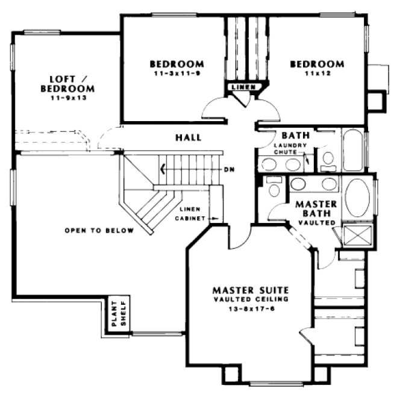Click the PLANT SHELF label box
[x=116, y=314]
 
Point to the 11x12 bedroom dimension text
[x=317, y=73]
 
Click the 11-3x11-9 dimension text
[x=176, y=73]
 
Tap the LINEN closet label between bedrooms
[x=244, y=87]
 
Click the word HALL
[x=188, y=137]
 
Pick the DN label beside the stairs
[x=228, y=169]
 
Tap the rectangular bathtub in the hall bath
[x=352, y=150]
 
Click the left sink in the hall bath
[x=269, y=164]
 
